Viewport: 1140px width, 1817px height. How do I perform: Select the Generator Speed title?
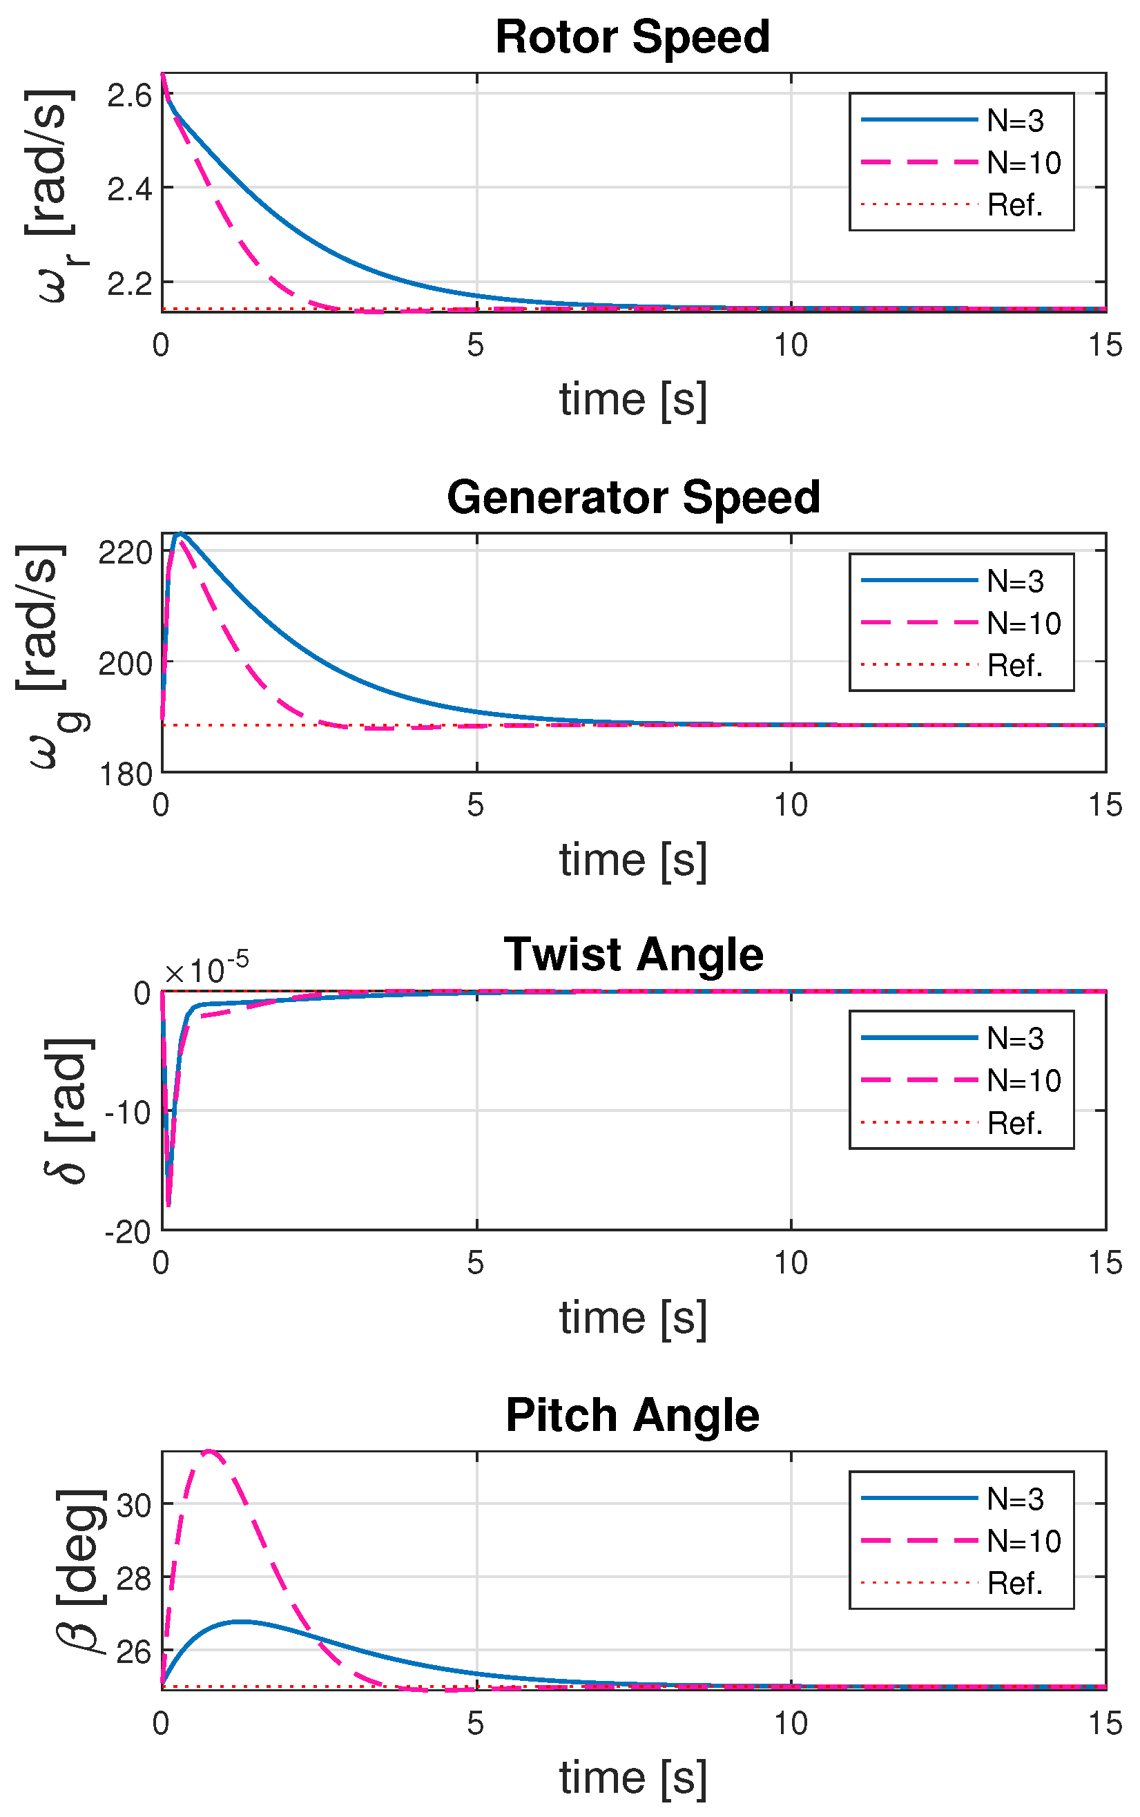point(633,498)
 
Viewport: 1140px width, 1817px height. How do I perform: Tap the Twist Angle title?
point(633,954)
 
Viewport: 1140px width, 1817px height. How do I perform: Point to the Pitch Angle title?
point(632,1414)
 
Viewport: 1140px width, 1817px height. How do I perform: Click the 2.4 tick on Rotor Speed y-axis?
point(130,189)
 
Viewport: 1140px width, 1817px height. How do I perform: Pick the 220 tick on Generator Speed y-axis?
point(125,552)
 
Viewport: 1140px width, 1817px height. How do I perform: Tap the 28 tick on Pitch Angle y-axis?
point(134,1578)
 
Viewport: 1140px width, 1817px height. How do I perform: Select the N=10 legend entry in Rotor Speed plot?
point(1023,163)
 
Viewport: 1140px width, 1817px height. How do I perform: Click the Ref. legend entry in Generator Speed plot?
point(1015,666)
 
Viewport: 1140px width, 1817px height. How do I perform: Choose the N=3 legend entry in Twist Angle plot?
point(1015,1039)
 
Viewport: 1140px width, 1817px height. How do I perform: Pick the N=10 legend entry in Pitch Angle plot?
point(1023,1541)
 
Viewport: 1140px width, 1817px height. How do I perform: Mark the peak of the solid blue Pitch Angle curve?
point(240,1621)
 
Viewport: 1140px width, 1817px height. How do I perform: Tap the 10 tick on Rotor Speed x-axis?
point(791,345)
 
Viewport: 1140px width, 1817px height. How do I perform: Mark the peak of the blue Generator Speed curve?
point(180,534)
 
